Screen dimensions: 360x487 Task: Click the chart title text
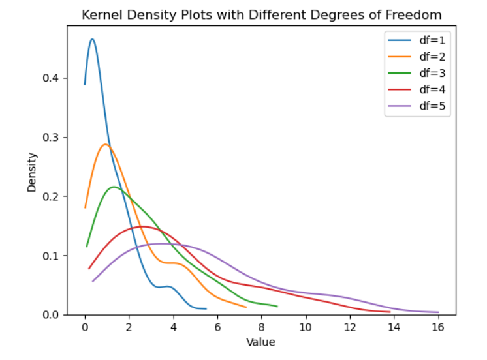click(261, 14)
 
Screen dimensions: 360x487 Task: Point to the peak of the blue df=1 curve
click(92, 39)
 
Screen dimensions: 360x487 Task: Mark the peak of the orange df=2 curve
click(105, 144)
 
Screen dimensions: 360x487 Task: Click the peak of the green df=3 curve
click(114, 187)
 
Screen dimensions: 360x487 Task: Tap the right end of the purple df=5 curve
click(438, 312)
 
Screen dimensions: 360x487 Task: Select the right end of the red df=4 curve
click(390, 312)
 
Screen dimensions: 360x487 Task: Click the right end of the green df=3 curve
click(277, 306)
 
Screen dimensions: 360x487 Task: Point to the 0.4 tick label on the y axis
click(59, 78)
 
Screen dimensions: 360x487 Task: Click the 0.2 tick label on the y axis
click(59, 196)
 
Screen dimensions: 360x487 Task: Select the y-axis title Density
click(31, 172)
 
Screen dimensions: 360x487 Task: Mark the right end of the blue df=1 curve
click(206, 308)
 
